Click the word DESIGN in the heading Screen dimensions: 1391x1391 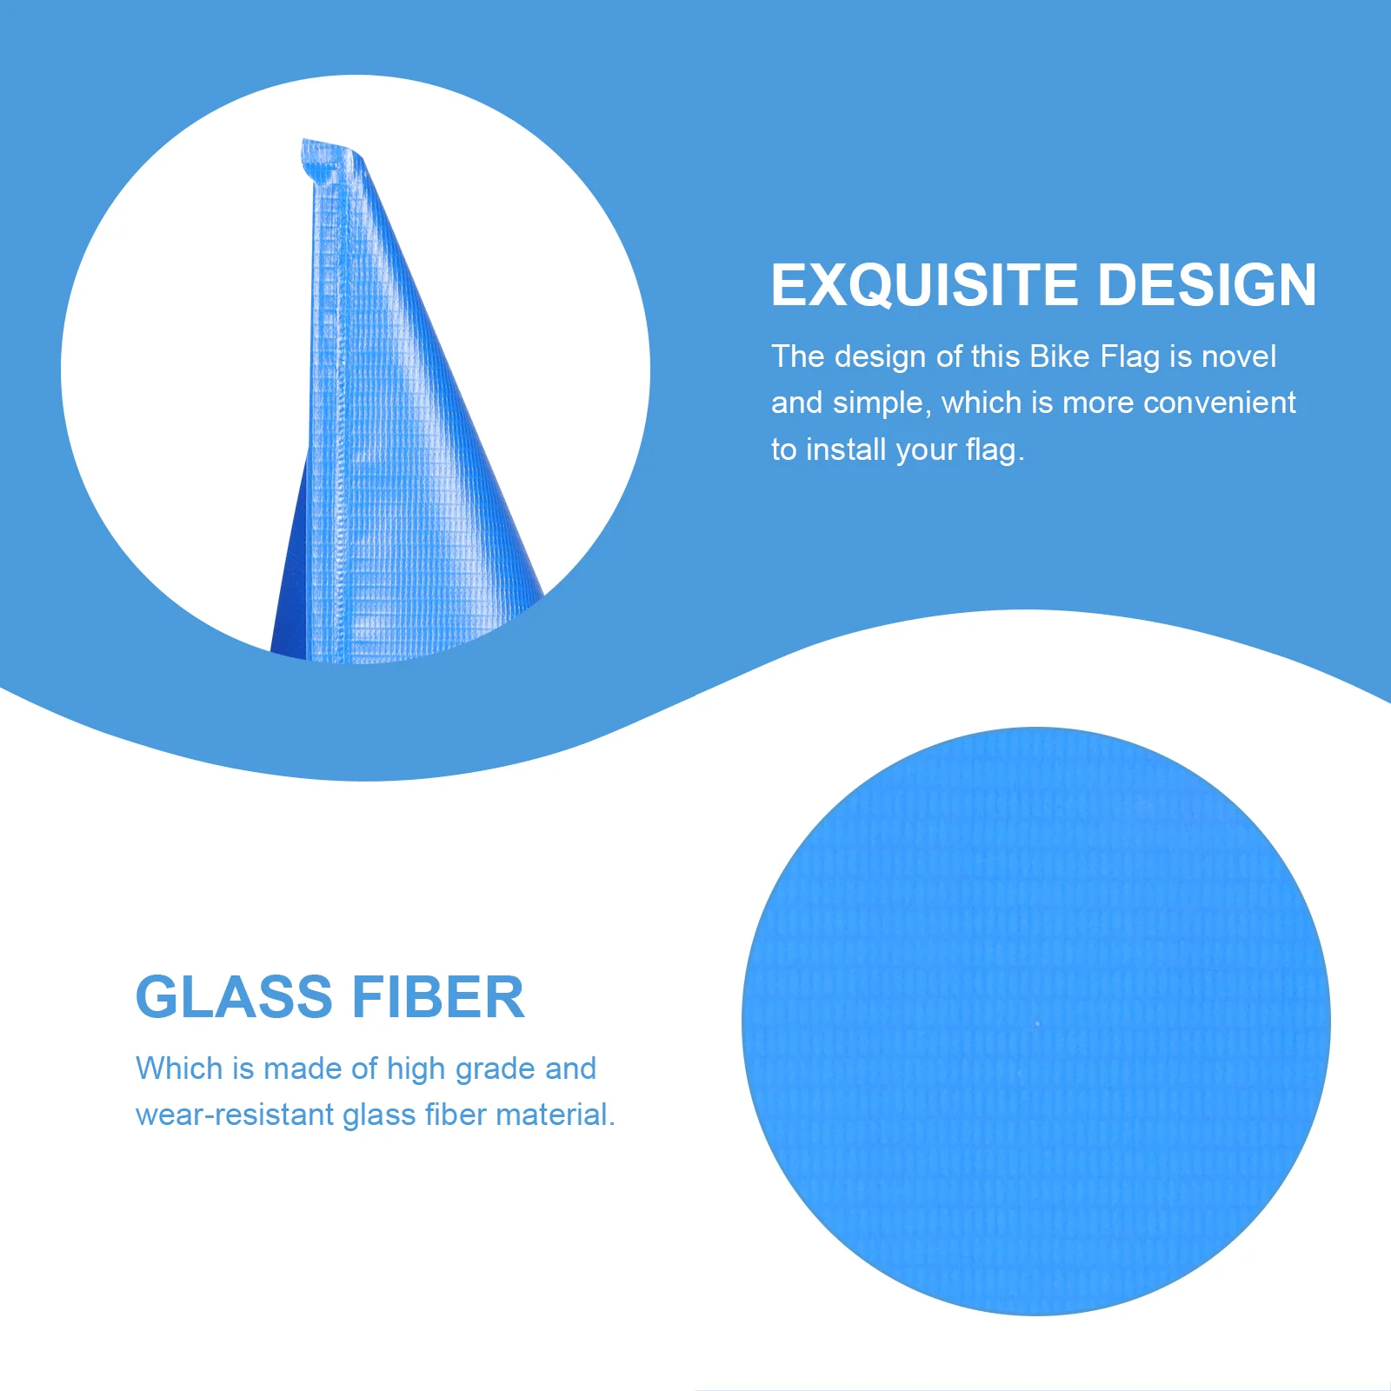pos(1208,284)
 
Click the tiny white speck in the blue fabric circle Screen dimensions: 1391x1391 pos(1037,1024)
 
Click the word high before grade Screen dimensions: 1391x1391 pos(416,1069)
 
